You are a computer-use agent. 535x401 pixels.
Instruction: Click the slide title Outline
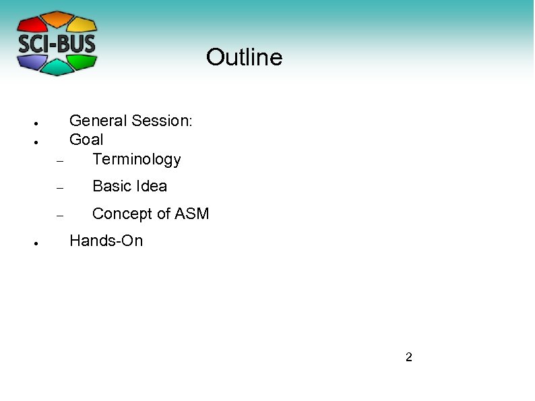pos(244,57)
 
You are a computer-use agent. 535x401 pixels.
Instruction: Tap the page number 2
pos(408,357)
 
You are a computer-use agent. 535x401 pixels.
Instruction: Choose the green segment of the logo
pos(84,61)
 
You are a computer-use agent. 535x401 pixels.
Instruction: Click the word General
pos(98,121)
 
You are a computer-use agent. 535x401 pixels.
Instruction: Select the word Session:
pos(162,121)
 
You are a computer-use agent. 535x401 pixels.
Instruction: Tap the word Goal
pos(86,140)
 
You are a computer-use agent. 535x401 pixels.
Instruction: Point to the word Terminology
pos(137,159)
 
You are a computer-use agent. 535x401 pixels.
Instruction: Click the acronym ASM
pos(192,214)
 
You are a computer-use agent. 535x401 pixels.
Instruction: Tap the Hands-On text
pos(106,241)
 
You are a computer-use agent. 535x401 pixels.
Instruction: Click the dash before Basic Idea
pos(59,189)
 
